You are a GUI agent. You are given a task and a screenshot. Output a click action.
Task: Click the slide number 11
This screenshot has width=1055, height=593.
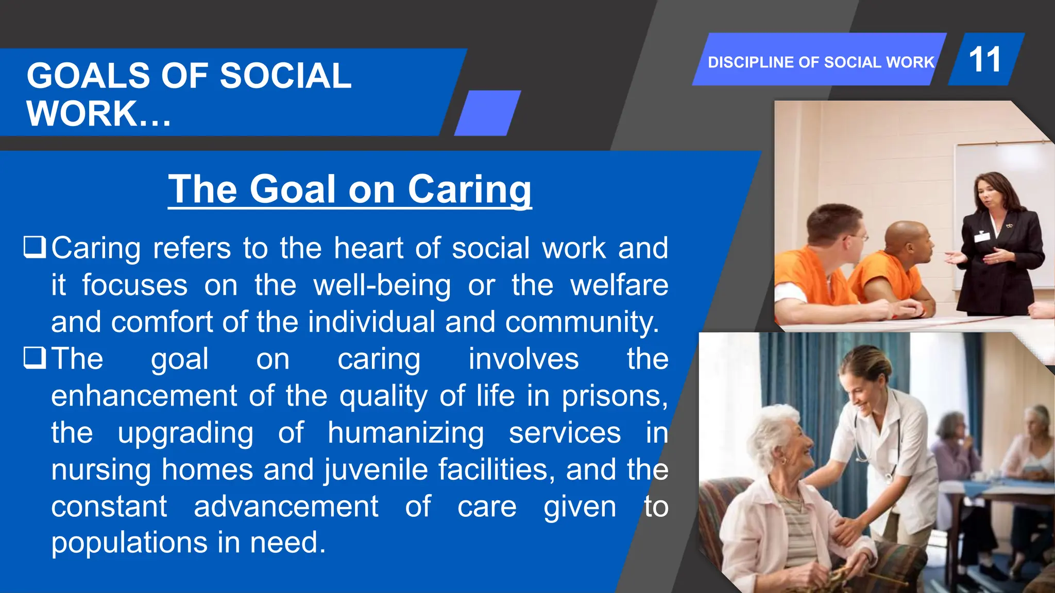(984, 59)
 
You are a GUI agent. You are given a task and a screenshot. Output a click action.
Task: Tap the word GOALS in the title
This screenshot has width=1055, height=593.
(88, 76)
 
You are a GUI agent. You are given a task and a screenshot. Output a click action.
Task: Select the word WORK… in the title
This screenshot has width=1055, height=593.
(98, 114)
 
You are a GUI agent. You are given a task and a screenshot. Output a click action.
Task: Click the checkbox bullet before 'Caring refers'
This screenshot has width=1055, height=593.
(35, 247)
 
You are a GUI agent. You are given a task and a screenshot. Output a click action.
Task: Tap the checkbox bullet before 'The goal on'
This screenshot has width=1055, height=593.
(35, 358)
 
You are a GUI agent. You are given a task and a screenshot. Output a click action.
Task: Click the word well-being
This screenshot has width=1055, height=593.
(382, 285)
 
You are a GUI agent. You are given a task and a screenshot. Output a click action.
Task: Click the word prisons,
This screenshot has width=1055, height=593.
(615, 396)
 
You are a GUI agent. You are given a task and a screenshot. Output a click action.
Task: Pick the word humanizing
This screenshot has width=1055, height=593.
(406, 433)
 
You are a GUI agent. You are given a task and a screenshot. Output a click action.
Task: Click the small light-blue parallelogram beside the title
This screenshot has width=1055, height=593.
(487, 113)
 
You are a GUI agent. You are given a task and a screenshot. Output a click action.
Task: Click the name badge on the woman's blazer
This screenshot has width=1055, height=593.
(982, 237)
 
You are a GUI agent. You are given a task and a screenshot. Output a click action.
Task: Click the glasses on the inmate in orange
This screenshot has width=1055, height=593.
(858, 237)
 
